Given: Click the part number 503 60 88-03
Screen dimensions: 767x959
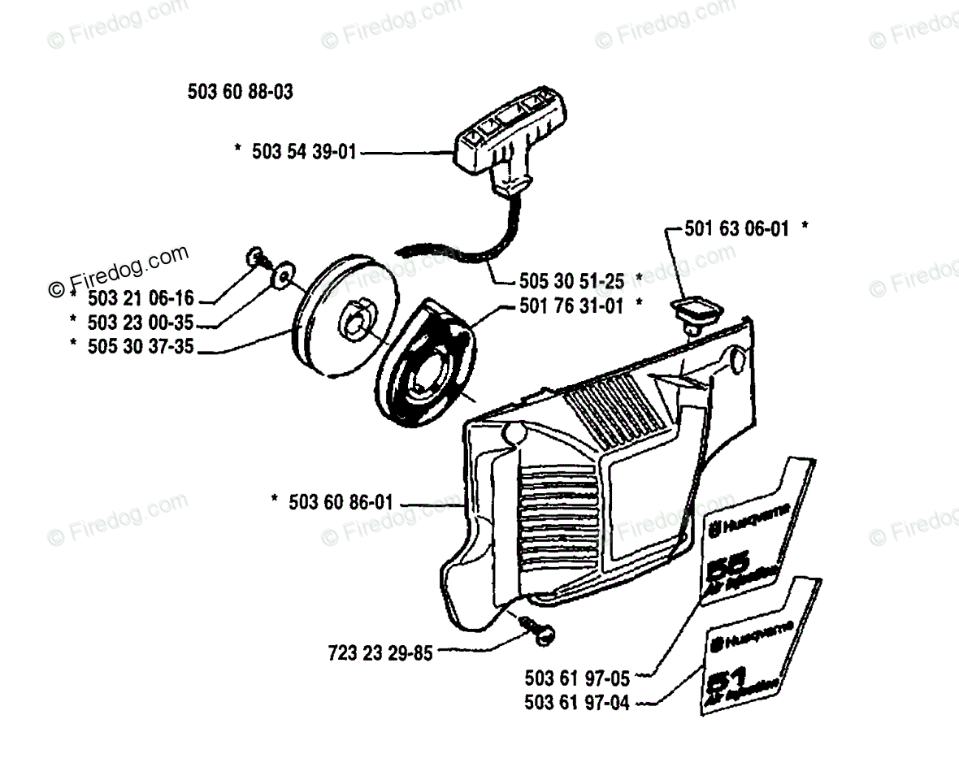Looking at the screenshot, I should (x=240, y=93).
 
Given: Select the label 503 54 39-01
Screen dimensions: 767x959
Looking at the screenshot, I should (x=302, y=152).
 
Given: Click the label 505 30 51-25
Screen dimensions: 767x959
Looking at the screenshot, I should (x=571, y=281).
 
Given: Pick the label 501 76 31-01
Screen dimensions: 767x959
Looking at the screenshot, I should (x=571, y=307).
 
